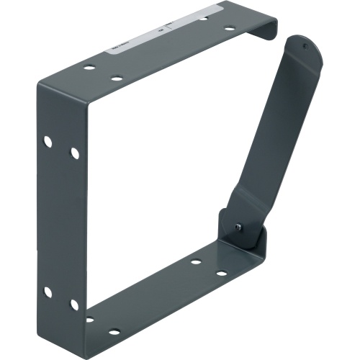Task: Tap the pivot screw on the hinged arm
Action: [x=238, y=227]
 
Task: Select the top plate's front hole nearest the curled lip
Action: [x=229, y=29]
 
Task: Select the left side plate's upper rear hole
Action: [x=48, y=142]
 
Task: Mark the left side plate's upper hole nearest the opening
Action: [x=74, y=153]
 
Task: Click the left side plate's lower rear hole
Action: [x=48, y=292]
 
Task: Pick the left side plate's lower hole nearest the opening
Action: [x=74, y=304]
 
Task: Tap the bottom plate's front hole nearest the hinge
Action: [x=222, y=274]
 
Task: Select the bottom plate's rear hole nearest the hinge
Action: [x=195, y=261]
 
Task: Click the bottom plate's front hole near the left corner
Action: [x=114, y=332]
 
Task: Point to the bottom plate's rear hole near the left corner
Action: [x=89, y=319]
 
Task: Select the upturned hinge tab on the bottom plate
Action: [x=256, y=238]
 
